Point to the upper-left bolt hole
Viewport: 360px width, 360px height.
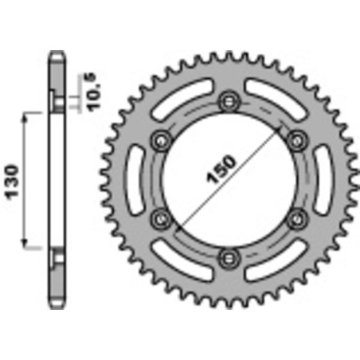point(162,139)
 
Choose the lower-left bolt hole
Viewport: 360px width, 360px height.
point(162,217)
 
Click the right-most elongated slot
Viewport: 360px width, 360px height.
point(327,178)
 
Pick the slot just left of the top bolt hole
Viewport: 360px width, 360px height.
point(184,95)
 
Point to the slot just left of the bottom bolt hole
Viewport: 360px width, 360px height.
point(184,262)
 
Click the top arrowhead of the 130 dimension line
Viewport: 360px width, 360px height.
point(29,116)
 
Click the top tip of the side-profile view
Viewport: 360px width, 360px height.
point(55,53)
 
